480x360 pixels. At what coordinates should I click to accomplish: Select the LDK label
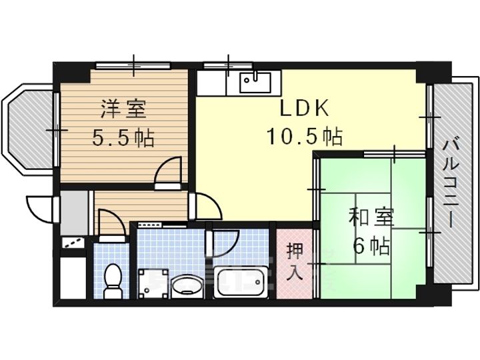click(x=304, y=108)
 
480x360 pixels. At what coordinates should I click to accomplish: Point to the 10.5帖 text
click(x=304, y=137)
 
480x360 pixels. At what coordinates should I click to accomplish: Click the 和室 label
click(x=372, y=218)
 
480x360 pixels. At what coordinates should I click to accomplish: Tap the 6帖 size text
click(x=371, y=247)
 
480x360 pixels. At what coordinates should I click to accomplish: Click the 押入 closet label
click(x=293, y=261)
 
